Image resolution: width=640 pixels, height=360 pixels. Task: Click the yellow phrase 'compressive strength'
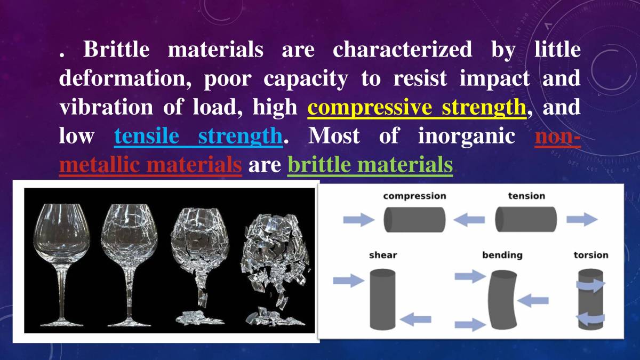point(417,108)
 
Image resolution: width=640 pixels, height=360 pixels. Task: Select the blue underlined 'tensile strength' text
point(197,137)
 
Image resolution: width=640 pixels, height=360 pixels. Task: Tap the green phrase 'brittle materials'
point(370,165)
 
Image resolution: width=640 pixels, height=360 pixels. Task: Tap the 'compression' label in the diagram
point(414,196)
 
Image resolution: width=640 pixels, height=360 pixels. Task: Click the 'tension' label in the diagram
point(526,196)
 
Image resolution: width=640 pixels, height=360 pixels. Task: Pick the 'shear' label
point(383,255)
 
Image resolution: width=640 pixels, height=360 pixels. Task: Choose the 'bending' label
point(502,255)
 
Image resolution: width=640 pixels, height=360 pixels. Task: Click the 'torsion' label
point(590,255)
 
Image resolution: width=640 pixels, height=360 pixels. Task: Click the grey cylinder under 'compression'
point(414,219)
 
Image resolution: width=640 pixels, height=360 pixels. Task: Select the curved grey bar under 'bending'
point(502,300)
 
